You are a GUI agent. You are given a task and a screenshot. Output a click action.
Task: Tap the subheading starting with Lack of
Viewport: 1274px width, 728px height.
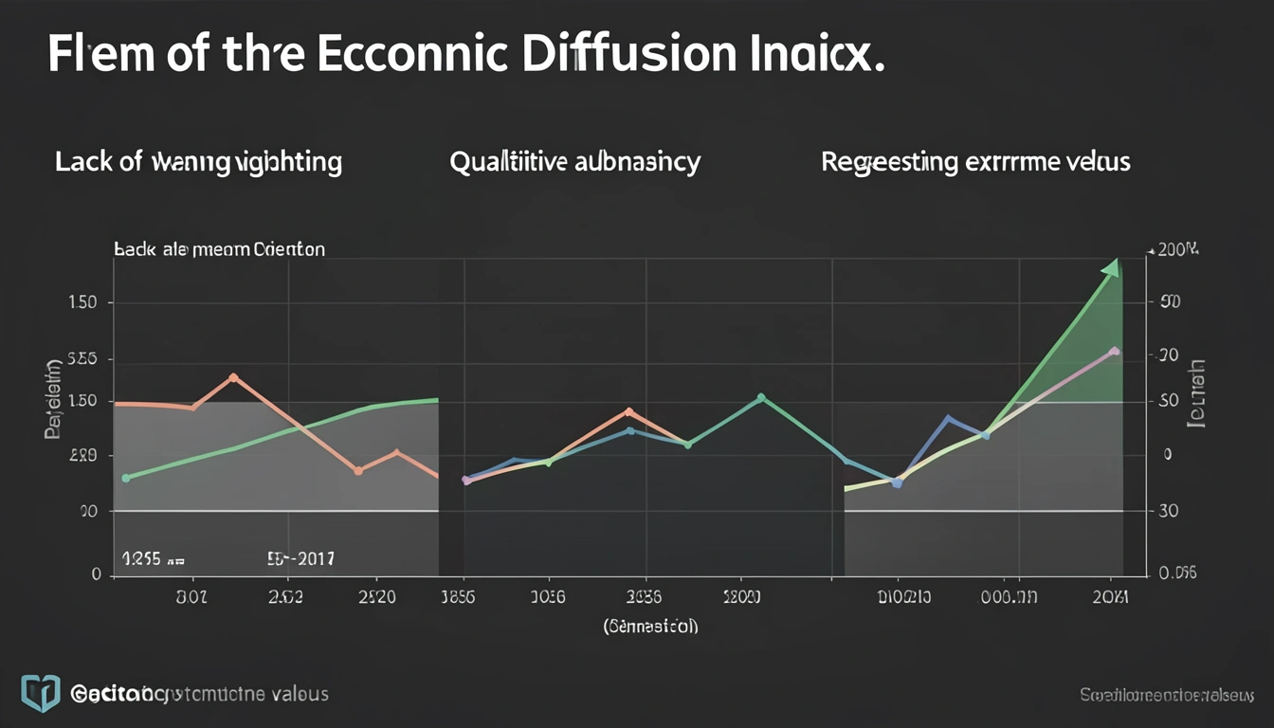tap(198, 162)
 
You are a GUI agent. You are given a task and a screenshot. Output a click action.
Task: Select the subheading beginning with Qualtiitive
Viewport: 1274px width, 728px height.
tap(574, 162)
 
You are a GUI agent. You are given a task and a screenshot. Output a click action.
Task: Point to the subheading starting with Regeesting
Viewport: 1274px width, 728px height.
tap(975, 162)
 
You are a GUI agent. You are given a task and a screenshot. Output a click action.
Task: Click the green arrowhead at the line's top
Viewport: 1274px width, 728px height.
tap(1111, 268)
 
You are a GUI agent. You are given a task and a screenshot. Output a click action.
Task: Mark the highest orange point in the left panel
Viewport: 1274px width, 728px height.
tap(233, 377)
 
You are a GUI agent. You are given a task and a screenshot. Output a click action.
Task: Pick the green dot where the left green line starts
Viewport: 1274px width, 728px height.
tap(126, 478)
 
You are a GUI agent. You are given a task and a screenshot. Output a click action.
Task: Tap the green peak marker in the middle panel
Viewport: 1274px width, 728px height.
tap(761, 398)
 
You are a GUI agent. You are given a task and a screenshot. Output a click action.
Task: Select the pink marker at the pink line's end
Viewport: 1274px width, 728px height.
tap(1114, 352)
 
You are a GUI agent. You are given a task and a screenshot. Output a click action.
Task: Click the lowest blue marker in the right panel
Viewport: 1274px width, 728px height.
tap(898, 483)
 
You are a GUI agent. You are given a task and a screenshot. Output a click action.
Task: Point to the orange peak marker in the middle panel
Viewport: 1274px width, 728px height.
tap(628, 411)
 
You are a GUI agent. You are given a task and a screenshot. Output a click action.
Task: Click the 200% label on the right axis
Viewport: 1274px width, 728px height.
tap(1174, 250)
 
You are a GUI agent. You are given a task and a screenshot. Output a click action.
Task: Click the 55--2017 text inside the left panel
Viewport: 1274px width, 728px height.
tap(300, 559)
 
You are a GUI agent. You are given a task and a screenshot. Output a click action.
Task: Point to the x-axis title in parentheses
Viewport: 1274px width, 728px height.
tap(650, 627)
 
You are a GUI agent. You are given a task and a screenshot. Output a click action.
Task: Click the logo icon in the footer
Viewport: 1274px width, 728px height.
tap(40, 694)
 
